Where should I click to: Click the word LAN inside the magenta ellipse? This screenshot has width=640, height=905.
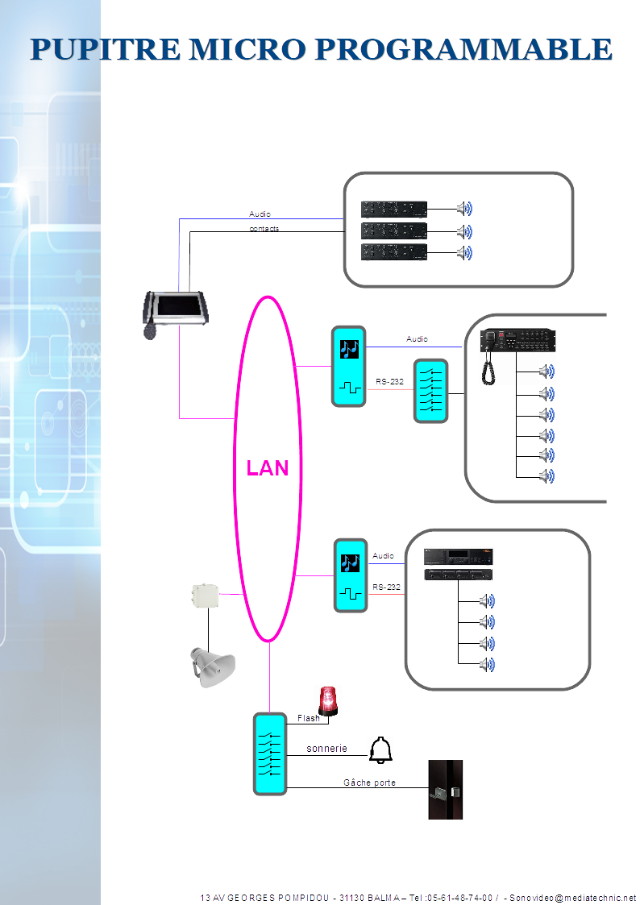[268, 468]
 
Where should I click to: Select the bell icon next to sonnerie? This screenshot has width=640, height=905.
[380, 749]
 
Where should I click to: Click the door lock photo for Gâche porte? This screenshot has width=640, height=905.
[445, 790]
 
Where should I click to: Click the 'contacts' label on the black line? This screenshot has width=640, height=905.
[264, 229]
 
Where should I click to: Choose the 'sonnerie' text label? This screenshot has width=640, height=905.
[326, 749]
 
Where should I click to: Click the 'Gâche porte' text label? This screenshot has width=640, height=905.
[369, 783]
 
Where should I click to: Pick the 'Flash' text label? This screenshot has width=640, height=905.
[309, 718]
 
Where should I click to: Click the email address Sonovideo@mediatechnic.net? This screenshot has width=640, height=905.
[572, 897]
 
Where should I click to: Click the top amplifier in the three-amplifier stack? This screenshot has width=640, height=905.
[393, 209]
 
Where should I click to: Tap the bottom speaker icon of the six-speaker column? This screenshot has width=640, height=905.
[546, 475]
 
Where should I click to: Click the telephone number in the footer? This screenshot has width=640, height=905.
[459, 897]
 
